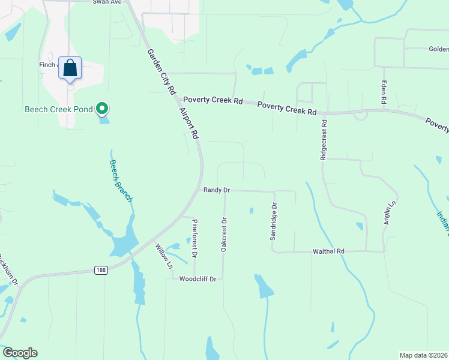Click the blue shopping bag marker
click(70, 68)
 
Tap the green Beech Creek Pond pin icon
click(103, 109)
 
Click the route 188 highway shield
click(101, 271)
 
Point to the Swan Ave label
click(107, 2)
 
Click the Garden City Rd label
click(161, 71)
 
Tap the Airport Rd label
click(188, 124)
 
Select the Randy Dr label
click(217, 190)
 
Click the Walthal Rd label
click(328, 251)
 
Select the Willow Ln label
click(163, 256)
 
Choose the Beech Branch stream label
click(120, 180)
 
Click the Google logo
click(20, 353)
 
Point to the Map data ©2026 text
click(423, 355)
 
